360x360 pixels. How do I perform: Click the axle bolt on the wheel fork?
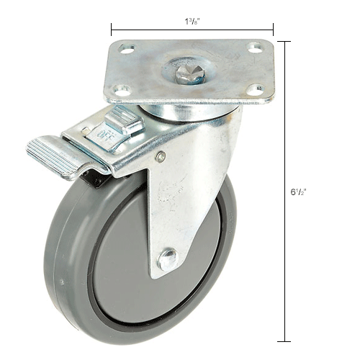coord(167,258)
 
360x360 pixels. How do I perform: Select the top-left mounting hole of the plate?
coord(127,49)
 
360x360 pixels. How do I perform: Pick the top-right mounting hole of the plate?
coord(253,48)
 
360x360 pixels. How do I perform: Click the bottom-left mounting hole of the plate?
coord(120,90)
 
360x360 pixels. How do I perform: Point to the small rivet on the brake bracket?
coord(161,156)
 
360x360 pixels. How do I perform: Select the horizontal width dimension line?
coord(192,30)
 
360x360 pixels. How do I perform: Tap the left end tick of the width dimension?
coord(111,30)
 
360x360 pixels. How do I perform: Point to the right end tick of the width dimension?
coord(273,30)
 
